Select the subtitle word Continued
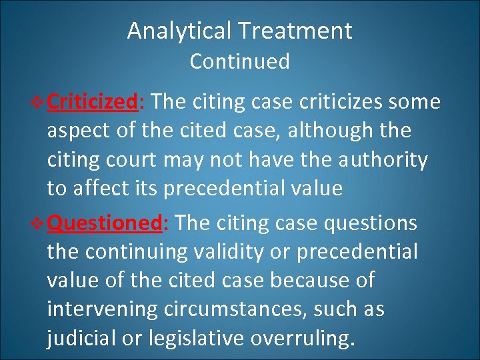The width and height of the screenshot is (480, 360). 239,61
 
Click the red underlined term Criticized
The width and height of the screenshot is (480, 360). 93,102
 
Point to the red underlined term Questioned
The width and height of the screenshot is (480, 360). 104,223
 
